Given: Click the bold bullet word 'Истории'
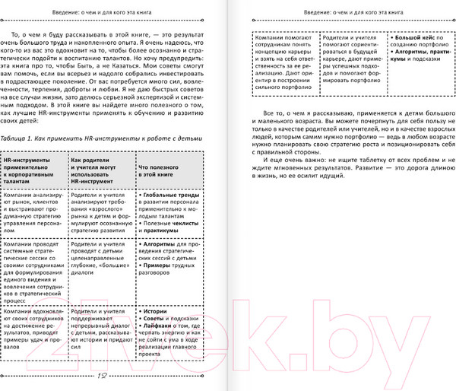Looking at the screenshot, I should pyautogui.click(x=154, y=313).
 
